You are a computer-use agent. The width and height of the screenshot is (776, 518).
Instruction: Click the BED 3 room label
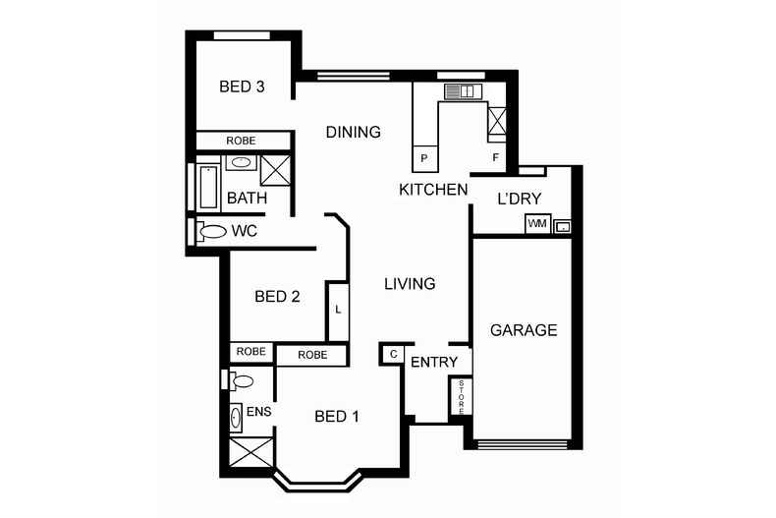pyautogui.click(x=242, y=86)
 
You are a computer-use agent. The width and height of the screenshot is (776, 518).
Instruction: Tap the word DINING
pyautogui.click(x=353, y=132)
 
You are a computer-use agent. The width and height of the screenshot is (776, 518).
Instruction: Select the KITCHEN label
pyautogui.click(x=432, y=189)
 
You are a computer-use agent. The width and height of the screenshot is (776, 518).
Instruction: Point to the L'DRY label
pyautogui.click(x=520, y=199)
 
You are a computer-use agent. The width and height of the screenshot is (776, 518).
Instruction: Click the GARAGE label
pyautogui.click(x=524, y=330)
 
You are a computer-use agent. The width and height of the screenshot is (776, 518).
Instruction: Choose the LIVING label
pyautogui.click(x=409, y=284)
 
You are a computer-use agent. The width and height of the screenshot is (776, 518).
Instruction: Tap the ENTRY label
pyautogui.click(x=433, y=362)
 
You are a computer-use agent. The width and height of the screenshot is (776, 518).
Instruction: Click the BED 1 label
pyautogui.click(x=336, y=417)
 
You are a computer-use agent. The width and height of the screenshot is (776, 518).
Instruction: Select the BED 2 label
pyautogui.click(x=276, y=296)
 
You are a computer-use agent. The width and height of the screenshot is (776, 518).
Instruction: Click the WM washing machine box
pyautogui.click(x=536, y=224)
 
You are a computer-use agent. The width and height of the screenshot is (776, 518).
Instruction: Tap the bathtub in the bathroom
pyautogui.click(x=209, y=187)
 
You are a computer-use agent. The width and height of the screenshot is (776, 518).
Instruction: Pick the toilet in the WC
pyautogui.click(x=209, y=232)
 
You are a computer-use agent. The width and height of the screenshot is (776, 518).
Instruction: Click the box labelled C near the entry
pyautogui.click(x=392, y=354)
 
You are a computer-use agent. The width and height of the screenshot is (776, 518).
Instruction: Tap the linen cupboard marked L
pyautogui.click(x=338, y=310)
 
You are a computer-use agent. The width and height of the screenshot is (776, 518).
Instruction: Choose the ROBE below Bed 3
pyautogui.click(x=241, y=141)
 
